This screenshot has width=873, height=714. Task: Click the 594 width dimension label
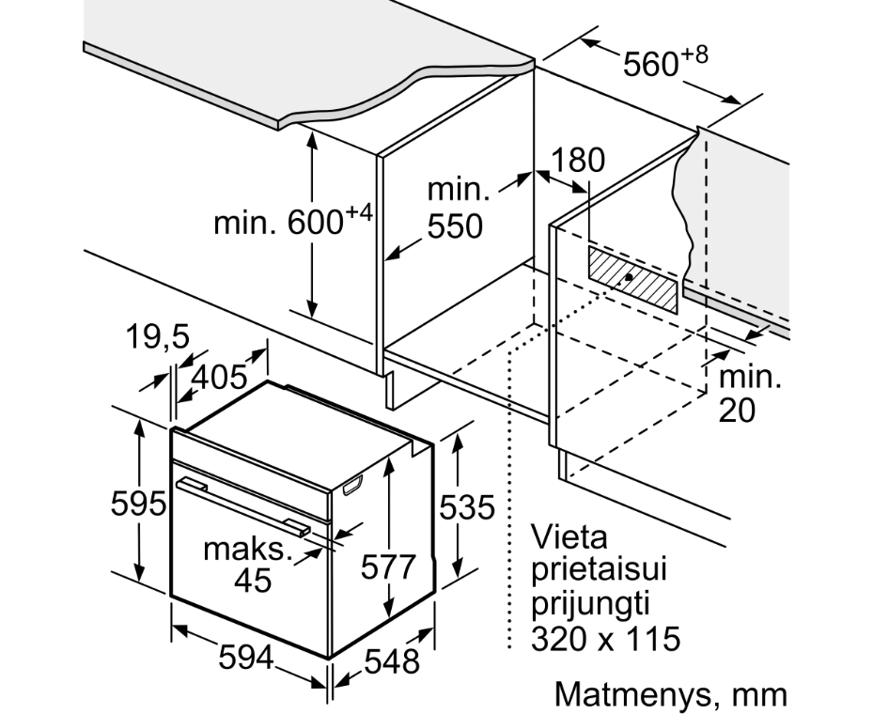tap(246, 658)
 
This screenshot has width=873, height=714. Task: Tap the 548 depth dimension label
tap(392, 662)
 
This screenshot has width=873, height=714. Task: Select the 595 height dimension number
tap(139, 504)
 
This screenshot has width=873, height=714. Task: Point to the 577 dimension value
tap(388, 567)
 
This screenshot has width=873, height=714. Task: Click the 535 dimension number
tap(467, 507)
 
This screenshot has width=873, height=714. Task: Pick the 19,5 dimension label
tap(158, 336)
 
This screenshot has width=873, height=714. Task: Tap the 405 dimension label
tap(219, 377)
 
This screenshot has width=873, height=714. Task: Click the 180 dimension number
tap(577, 160)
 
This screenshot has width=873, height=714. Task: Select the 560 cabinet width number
tap(650, 64)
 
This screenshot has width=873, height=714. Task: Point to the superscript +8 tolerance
tap(694, 55)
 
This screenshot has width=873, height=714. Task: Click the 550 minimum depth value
tap(455, 226)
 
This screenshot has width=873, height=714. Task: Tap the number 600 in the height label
tap(315, 223)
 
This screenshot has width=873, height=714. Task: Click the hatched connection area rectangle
tap(633, 280)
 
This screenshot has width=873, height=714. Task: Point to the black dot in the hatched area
tap(629, 276)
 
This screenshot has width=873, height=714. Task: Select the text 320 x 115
tap(606, 638)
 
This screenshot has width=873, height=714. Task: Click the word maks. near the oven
tap(248, 550)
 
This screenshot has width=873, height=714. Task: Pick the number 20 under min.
tap(737, 411)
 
